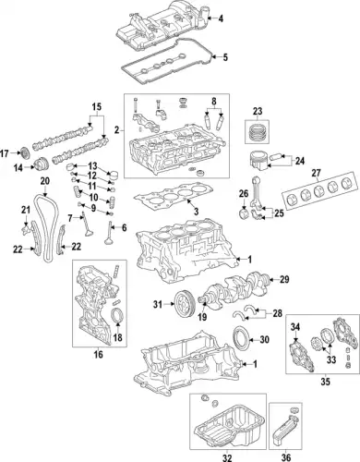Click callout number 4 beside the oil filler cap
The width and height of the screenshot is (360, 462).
(222, 18)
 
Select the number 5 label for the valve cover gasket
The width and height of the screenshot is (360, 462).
(222, 57)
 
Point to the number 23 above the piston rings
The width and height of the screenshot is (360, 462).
(258, 112)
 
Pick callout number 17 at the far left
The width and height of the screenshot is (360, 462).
(6, 152)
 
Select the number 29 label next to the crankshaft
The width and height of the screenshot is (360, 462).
(284, 279)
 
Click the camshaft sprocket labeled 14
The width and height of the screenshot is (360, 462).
(41, 166)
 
